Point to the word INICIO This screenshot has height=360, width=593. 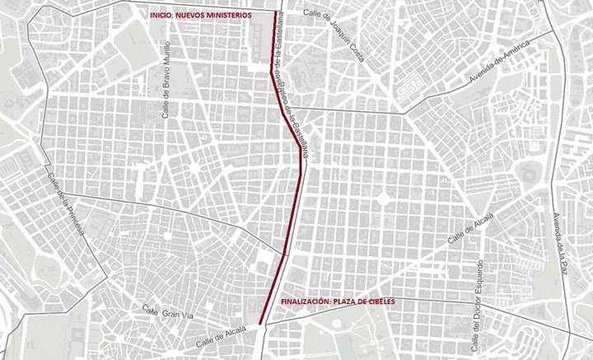tap(160, 16)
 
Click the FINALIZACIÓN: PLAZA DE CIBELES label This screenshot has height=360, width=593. tap(339, 302)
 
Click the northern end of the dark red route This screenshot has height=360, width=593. tap(274, 13)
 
